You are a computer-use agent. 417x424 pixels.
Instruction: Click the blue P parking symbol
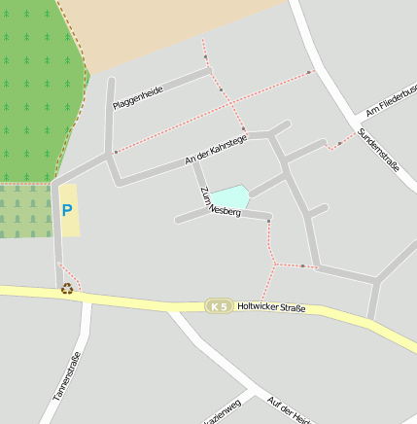tap(67, 209)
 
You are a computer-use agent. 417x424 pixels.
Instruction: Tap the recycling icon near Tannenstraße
tap(67, 288)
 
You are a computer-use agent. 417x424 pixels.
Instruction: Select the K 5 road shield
tap(219, 306)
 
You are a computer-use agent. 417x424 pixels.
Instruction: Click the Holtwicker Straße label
tap(271, 308)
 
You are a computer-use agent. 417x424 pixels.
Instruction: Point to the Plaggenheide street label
tap(138, 97)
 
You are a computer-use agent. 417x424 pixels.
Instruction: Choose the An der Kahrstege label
tap(216, 150)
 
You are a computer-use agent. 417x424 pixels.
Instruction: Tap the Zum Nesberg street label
tap(220, 202)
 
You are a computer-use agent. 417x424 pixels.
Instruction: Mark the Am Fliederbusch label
tap(392, 101)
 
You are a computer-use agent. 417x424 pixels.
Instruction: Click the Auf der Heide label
tap(289, 410)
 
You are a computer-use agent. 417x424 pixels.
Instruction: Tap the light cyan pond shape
tap(229, 196)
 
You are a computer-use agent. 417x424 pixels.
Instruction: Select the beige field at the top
tap(175, 29)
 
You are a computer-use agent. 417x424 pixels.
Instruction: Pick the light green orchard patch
tap(25, 211)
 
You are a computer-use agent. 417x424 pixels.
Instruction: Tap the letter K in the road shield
tap(214, 306)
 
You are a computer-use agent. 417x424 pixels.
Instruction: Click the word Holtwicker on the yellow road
tap(257, 308)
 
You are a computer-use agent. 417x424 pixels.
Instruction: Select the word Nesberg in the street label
tap(225, 207)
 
